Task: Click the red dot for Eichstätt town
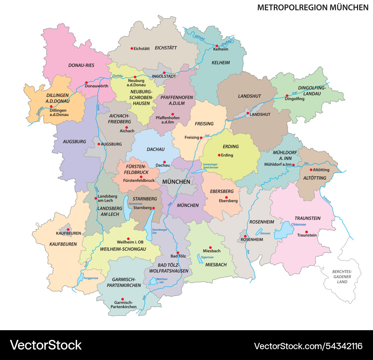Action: click(132, 48)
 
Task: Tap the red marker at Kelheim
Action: click(217, 46)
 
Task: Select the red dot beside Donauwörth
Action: click(86, 83)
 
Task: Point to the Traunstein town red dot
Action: click(307, 232)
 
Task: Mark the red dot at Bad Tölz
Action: click(178, 253)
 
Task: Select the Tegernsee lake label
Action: click(207, 257)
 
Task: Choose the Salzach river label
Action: click(327, 200)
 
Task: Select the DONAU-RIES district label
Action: click(81, 65)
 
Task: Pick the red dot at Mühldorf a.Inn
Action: click(294, 165)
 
